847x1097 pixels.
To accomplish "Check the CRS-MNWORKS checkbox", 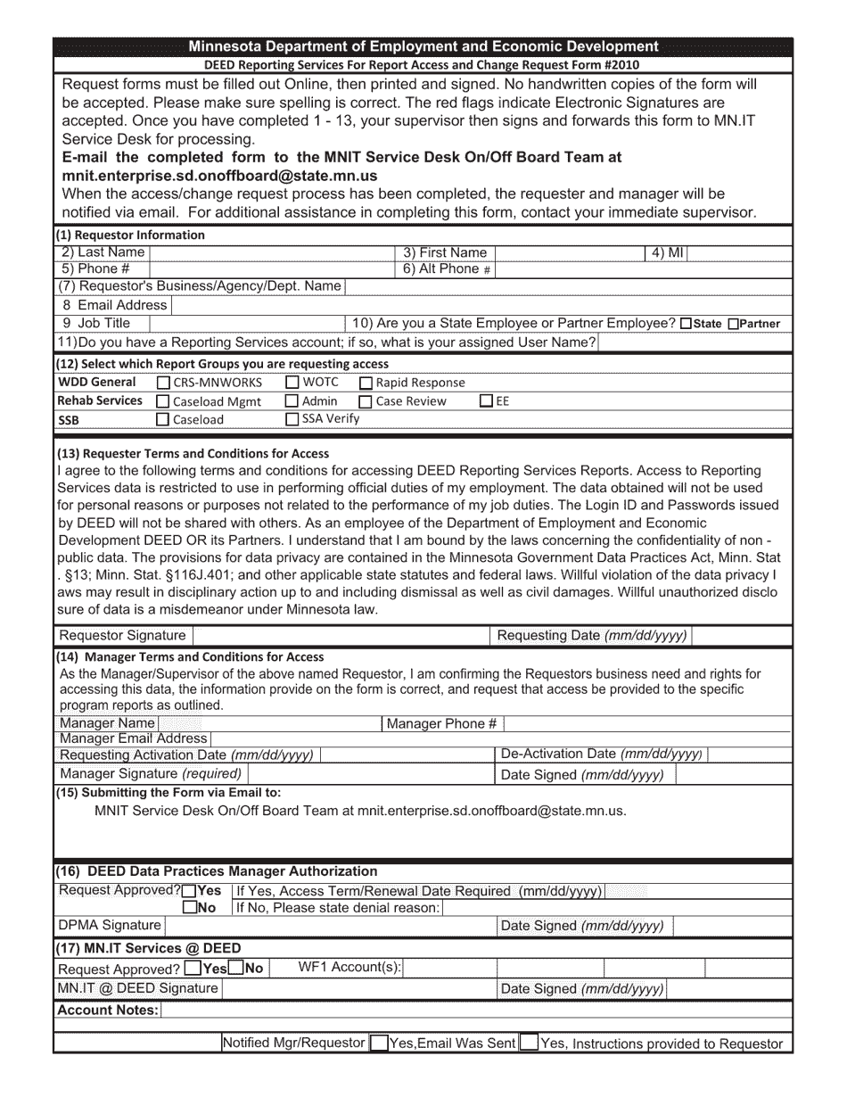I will coord(163,383).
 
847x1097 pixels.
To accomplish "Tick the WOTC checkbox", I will coord(292,383).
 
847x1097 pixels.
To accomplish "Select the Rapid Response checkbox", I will coord(366,383).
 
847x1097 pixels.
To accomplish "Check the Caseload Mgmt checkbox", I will coord(163,401).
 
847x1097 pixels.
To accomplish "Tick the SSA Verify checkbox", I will coord(292,418).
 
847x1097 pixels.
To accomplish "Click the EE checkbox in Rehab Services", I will coord(486,400).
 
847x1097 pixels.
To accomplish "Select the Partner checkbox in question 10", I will coord(734,325).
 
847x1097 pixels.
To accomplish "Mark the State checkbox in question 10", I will coord(686,325).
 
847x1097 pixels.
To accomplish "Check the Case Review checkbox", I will coord(366,401).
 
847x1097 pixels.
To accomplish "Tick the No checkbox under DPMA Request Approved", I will coord(190,908).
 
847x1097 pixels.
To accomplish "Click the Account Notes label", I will coord(108,1010).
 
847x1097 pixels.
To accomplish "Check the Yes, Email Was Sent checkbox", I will coord(379,1043).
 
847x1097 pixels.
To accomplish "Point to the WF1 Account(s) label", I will coord(349,968).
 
